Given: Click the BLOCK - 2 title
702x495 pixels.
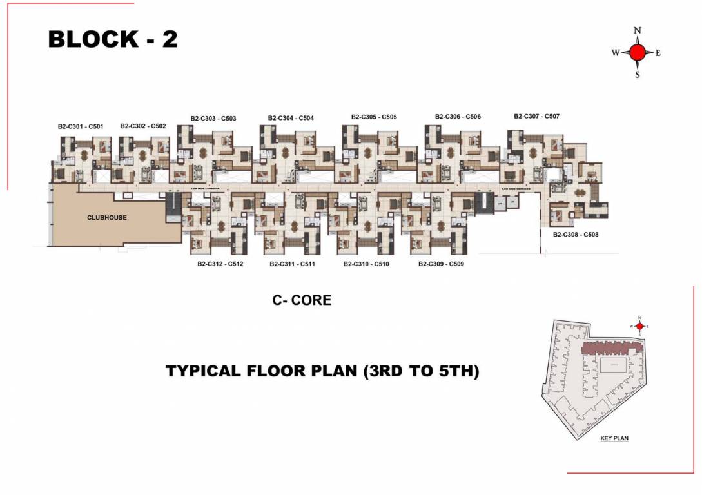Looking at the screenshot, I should click(113, 39).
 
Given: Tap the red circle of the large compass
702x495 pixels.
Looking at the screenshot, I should click(638, 53).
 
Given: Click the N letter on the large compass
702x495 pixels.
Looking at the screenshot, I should click(638, 30).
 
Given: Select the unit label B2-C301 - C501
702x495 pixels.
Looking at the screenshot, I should click(81, 126).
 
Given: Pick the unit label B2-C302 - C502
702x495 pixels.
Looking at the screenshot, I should click(143, 126).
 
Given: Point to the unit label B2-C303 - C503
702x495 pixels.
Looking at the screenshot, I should click(213, 119).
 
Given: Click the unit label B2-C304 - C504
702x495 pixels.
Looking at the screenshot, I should click(291, 118).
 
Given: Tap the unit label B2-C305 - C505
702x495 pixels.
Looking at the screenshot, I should click(374, 117).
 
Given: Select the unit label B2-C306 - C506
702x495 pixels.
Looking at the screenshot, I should click(458, 117).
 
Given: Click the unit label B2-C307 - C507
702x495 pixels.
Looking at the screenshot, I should click(536, 117).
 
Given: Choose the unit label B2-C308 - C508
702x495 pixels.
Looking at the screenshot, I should click(576, 235).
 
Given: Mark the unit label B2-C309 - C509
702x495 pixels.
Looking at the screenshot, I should click(441, 264).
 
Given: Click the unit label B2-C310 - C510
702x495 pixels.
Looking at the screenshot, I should click(366, 264).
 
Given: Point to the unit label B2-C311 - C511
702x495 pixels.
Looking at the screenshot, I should click(292, 264).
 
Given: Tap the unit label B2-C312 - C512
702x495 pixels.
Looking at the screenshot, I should click(220, 264).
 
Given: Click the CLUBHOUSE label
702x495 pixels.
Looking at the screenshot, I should click(107, 218).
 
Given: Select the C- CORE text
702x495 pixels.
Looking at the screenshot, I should click(302, 300).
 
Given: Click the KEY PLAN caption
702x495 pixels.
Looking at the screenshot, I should click(614, 438).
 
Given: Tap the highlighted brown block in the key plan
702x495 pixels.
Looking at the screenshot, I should click(612, 349).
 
